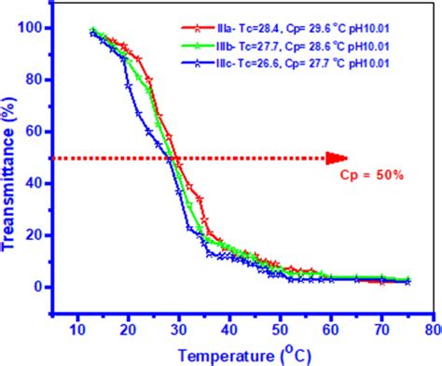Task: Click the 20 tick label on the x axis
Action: [126, 330]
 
